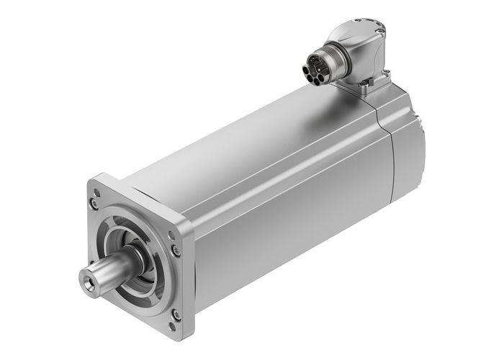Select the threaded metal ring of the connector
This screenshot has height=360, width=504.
click(323, 65)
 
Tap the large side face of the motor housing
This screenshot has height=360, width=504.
click(288, 216)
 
